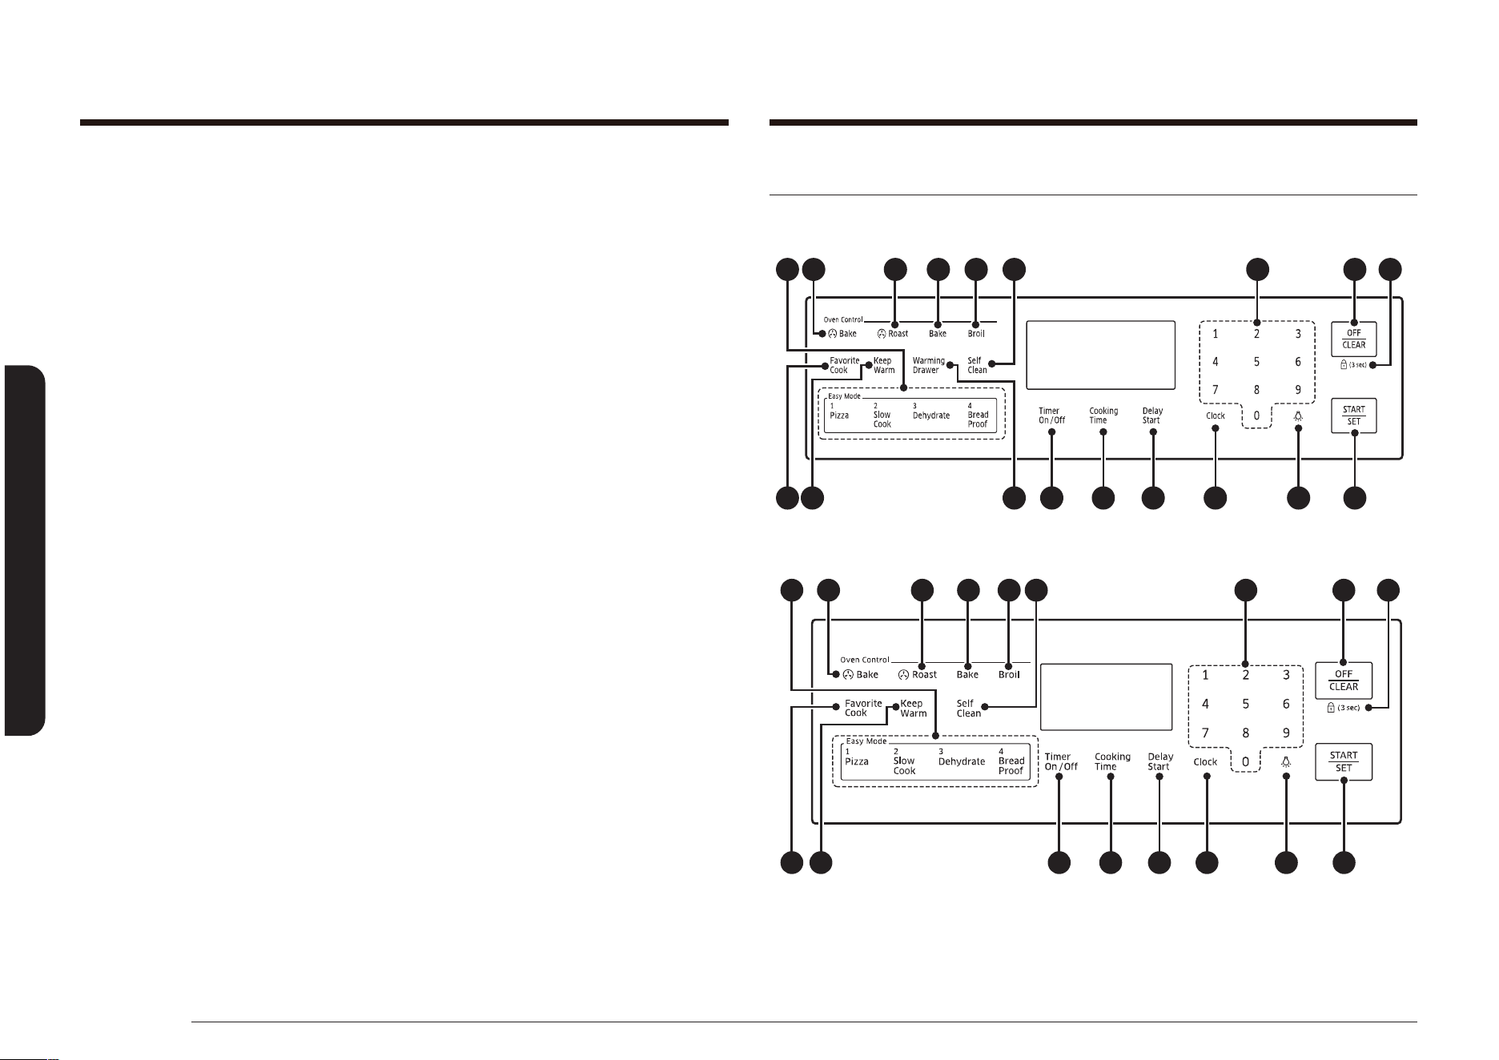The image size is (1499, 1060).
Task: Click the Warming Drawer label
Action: pyautogui.click(x=928, y=365)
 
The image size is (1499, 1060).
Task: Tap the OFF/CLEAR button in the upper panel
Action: pyautogui.click(x=1353, y=339)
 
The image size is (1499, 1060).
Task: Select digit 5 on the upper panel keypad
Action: pyautogui.click(x=1256, y=362)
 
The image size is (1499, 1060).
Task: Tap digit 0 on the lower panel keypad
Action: pyautogui.click(x=1245, y=762)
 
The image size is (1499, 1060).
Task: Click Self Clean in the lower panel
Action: pyautogui.click(x=968, y=709)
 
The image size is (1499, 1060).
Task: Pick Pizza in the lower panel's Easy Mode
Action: pyautogui.click(x=856, y=761)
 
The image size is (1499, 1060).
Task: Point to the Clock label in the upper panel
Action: pyautogui.click(x=1215, y=416)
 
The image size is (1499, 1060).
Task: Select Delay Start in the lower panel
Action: pyautogui.click(x=1159, y=761)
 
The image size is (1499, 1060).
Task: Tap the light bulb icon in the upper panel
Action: pyautogui.click(x=1297, y=416)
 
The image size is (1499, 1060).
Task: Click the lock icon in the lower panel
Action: pyautogui.click(x=1330, y=708)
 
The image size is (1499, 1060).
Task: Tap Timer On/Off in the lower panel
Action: pyautogui.click(x=1060, y=761)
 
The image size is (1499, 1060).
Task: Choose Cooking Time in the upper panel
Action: pyautogui.click(x=1103, y=416)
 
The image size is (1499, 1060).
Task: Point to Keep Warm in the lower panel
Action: pyautogui.click(x=913, y=709)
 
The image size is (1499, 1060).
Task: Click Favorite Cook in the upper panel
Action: pyautogui.click(x=844, y=365)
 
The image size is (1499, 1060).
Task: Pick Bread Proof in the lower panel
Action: pyautogui.click(x=1011, y=765)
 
